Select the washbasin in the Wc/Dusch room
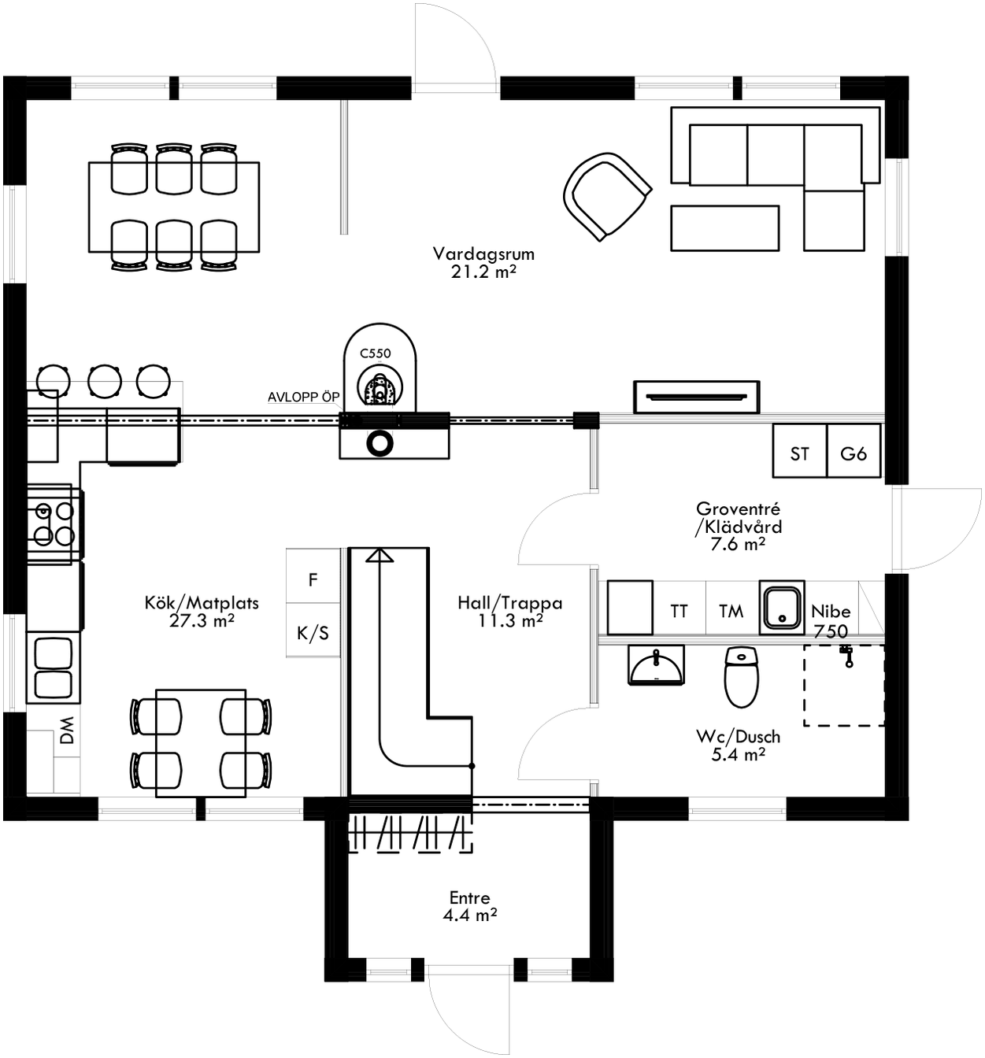click(x=656, y=665)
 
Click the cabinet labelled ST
click(x=799, y=453)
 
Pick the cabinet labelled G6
click(x=854, y=453)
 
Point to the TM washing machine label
click(x=731, y=611)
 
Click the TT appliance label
click(x=679, y=611)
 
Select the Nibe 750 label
click(x=831, y=620)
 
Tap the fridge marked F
click(x=313, y=579)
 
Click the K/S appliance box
click(x=313, y=632)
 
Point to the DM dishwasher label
click(x=67, y=731)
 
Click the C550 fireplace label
click(x=376, y=353)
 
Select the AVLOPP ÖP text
click(x=303, y=397)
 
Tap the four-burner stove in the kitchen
click(x=53, y=523)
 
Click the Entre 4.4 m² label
click(x=469, y=906)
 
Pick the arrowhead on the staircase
click(x=380, y=556)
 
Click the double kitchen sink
click(x=52, y=668)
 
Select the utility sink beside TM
click(x=781, y=607)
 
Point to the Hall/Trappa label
click(x=510, y=612)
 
